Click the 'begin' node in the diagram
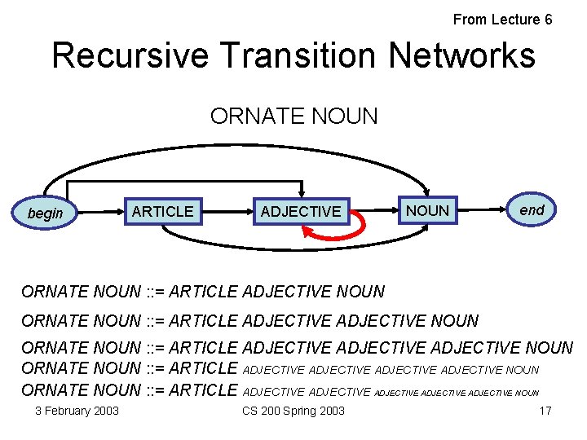coord(45,213)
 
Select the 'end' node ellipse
coord(532,209)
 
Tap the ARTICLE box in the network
coord(163,212)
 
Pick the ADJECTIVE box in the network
coord(301,212)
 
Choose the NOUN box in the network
coord(427,210)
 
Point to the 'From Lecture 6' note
coord(502,20)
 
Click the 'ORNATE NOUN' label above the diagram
coord(293,117)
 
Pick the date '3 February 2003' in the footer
coord(77,411)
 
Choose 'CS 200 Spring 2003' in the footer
coord(293,411)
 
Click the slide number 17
coord(545,411)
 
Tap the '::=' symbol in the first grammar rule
coord(155,291)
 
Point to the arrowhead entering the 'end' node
coord(501,211)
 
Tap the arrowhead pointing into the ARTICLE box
coord(119,212)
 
